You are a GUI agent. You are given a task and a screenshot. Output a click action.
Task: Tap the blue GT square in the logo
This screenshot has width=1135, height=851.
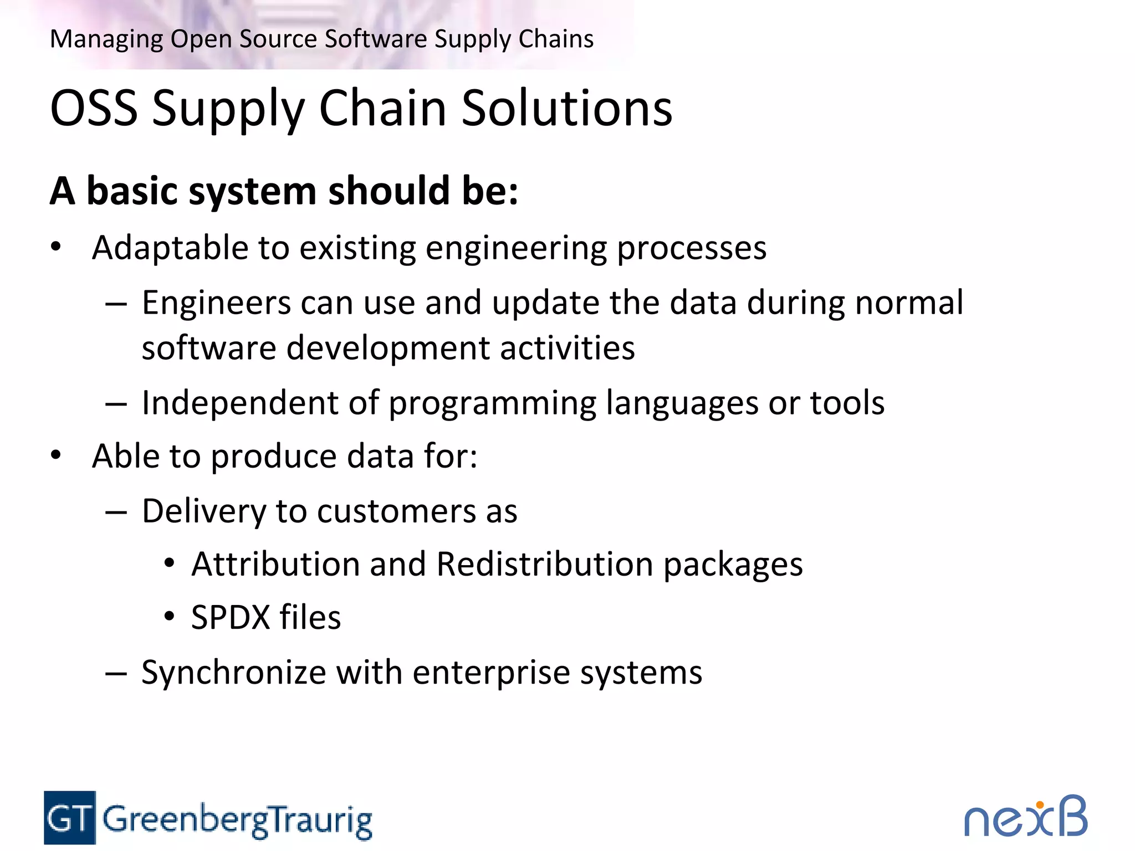(70, 817)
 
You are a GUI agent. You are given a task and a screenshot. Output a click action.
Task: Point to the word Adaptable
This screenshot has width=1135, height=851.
(170, 248)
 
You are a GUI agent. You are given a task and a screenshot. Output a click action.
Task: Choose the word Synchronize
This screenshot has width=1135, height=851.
(233, 673)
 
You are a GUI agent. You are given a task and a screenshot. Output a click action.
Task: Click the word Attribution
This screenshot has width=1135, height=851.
(275, 565)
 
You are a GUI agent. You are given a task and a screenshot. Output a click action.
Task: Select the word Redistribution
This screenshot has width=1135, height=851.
(544, 565)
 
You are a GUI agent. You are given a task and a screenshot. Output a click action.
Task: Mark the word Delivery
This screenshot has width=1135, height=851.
(203, 511)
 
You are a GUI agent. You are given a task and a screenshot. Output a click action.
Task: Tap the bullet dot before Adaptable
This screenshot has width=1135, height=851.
(55, 247)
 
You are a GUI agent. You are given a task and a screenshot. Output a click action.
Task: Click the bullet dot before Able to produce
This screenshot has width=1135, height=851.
(55, 455)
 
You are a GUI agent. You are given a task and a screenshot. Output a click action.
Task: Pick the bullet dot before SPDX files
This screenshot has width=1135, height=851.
(170, 617)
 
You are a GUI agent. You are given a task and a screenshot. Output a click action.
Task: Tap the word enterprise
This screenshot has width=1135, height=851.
(491, 673)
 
